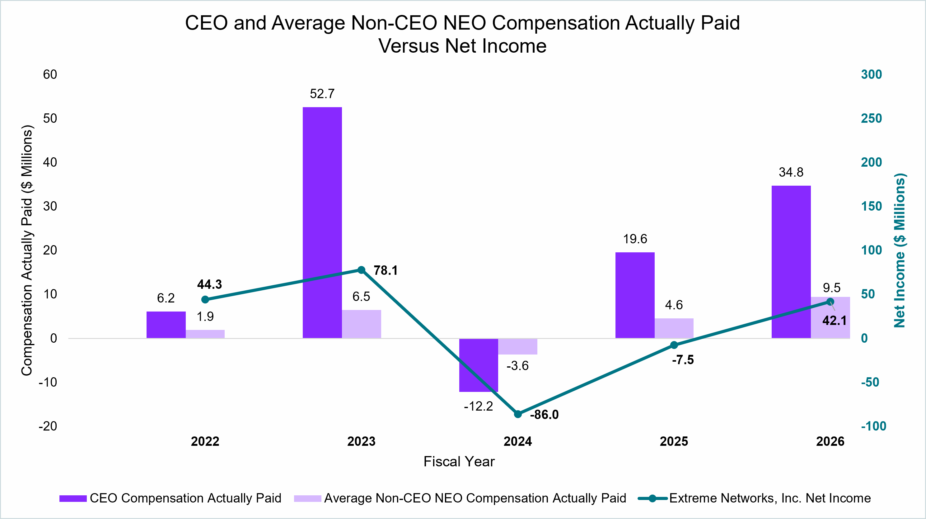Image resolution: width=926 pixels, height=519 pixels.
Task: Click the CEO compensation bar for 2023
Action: tap(322, 222)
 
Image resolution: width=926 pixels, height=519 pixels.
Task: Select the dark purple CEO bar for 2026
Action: tap(791, 262)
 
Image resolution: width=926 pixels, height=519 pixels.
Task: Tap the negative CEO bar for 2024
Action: tap(479, 365)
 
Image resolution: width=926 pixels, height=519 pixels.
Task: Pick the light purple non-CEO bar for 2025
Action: tap(674, 328)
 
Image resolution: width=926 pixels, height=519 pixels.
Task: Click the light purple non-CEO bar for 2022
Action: tap(205, 334)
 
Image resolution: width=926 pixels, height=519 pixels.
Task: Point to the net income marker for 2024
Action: tap(518, 414)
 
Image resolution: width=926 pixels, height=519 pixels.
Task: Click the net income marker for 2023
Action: tap(362, 270)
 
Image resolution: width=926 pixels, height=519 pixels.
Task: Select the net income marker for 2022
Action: tap(205, 299)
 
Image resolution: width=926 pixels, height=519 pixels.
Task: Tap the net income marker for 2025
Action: tap(674, 345)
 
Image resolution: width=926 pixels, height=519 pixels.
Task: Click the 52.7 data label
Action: tap(322, 94)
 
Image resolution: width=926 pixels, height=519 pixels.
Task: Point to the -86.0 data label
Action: tap(544, 415)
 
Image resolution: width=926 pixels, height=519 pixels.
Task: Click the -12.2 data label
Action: tap(478, 406)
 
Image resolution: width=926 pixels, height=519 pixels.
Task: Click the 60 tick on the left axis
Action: tap(50, 74)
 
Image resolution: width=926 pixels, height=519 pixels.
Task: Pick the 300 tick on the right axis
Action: tap(871, 74)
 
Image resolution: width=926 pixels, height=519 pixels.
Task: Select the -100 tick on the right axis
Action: tap(873, 426)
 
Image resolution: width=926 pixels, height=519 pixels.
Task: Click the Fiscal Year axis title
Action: tap(459, 461)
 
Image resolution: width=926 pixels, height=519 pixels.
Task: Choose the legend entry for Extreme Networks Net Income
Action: tap(754, 498)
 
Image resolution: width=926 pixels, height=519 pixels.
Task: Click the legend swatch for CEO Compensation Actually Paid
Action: tap(73, 498)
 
